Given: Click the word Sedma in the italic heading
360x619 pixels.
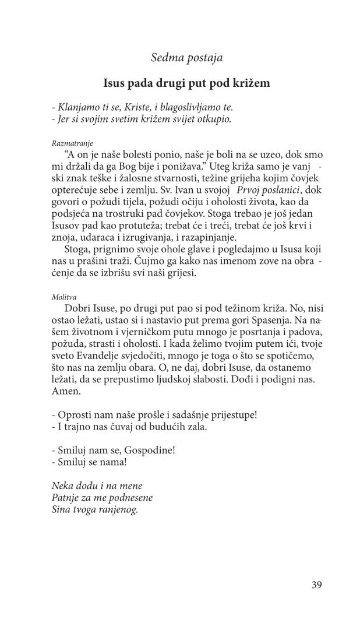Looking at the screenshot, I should [x=165, y=57].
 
